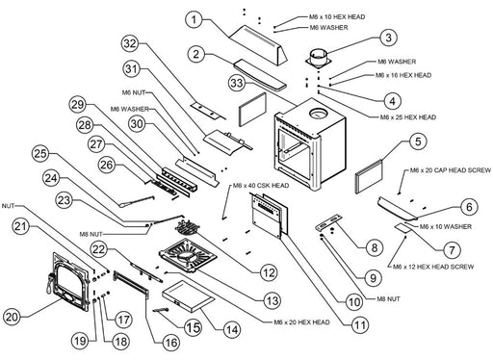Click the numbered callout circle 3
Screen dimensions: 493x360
(x=388, y=38)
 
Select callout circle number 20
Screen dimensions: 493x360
(x=13, y=318)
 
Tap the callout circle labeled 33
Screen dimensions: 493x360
(x=237, y=83)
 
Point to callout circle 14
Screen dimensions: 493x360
(x=232, y=329)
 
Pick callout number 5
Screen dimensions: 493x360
(x=418, y=141)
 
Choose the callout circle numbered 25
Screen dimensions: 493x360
(x=40, y=153)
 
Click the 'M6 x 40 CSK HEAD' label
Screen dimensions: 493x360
(x=261, y=186)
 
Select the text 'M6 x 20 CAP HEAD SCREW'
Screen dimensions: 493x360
(x=451, y=170)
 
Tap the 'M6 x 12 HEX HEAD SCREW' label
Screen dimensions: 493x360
(x=433, y=267)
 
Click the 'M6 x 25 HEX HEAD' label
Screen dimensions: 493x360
(x=408, y=117)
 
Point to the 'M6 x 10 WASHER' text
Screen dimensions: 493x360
(x=446, y=227)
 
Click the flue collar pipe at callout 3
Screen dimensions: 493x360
(x=318, y=58)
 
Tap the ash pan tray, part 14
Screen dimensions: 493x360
(x=188, y=296)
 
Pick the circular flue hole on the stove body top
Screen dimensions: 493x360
(x=318, y=114)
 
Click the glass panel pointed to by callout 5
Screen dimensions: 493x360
(x=369, y=176)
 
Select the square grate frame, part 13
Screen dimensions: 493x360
(x=188, y=255)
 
